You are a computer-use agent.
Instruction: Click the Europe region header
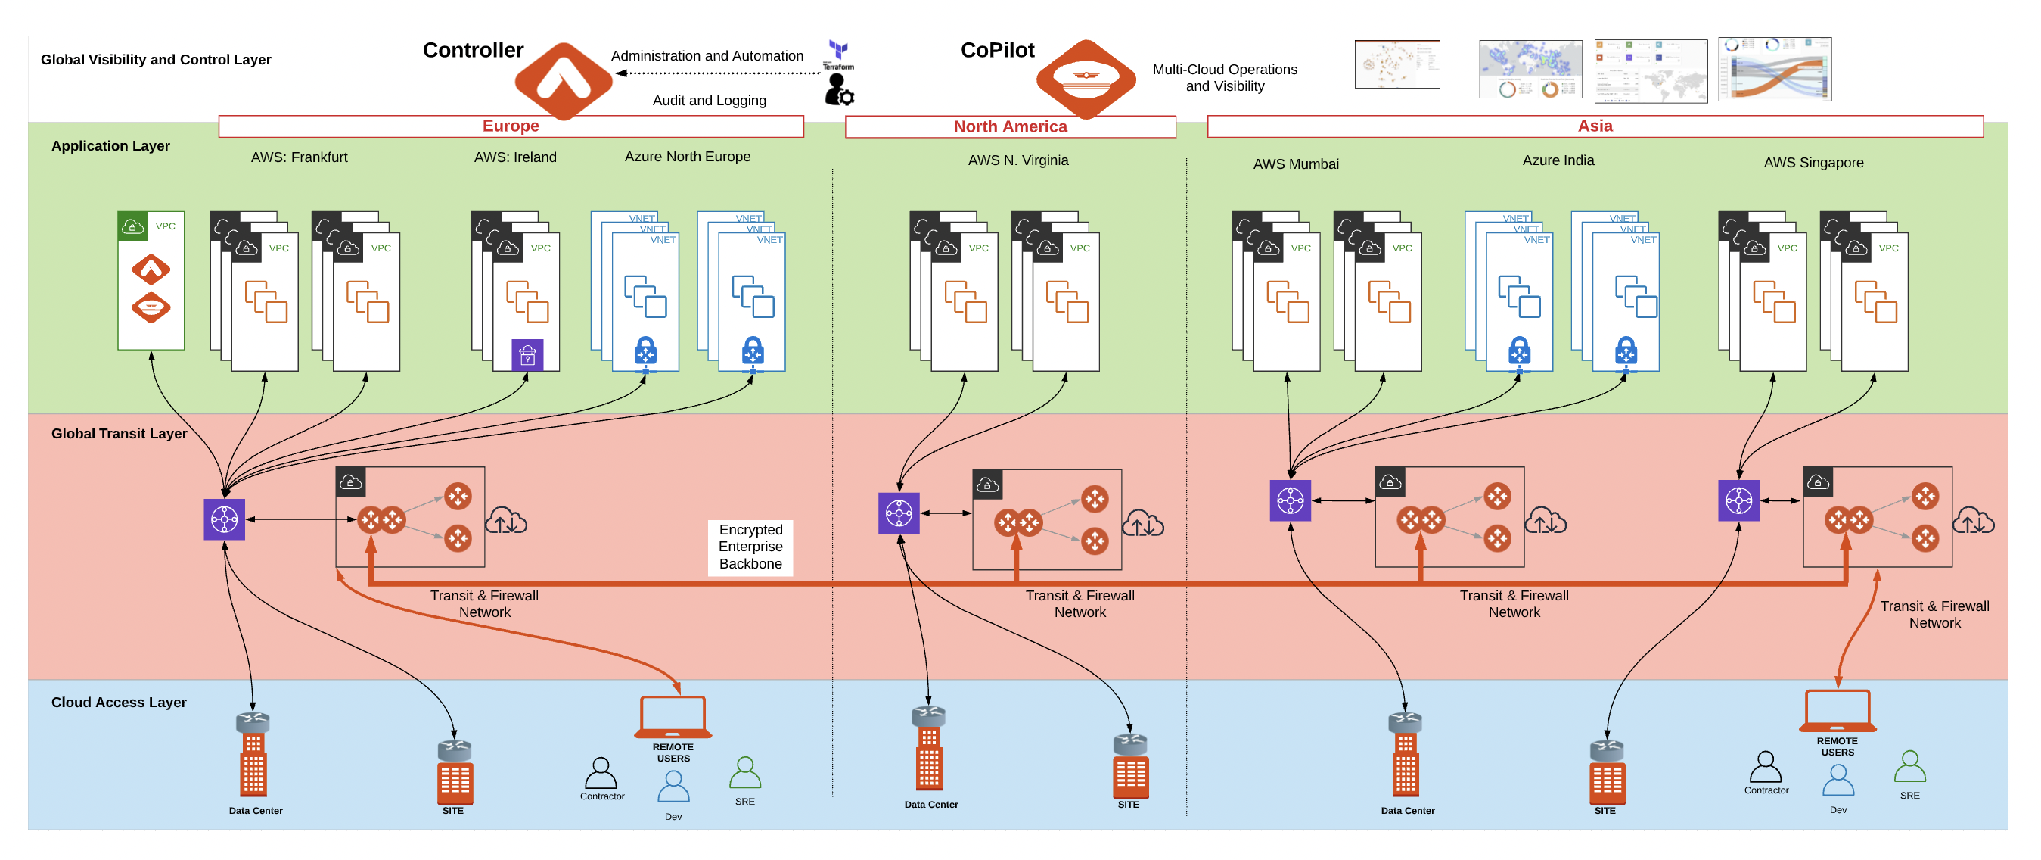pyautogui.click(x=511, y=126)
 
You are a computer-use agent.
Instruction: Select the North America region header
pyautogui.click(x=1010, y=127)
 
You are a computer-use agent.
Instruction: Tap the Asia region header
pyautogui.click(x=1595, y=126)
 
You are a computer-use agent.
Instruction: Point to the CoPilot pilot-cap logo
pyautogui.click(x=1086, y=79)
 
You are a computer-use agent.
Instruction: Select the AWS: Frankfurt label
pyautogui.click(x=299, y=157)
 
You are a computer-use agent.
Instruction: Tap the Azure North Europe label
pyautogui.click(x=687, y=156)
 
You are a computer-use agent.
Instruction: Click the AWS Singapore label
pyautogui.click(x=1813, y=163)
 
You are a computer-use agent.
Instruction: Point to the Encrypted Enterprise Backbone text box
pyautogui.click(x=750, y=547)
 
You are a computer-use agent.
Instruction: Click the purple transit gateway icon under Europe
pyautogui.click(x=224, y=519)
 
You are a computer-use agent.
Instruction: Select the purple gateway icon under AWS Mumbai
pyautogui.click(x=1290, y=500)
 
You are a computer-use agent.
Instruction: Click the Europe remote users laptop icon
pyautogui.click(x=673, y=716)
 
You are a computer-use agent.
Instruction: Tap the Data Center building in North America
pyautogui.click(x=929, y=749)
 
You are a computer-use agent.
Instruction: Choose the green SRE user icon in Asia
pyautogui.click(x=1909, y=768)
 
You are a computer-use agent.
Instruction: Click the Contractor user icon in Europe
pyautogui.click(x=601, y=774)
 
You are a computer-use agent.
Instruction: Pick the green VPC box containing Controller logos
pyautogui.click(x=151, y=281)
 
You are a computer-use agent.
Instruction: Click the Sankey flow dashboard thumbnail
pyautogui.click(x=1775, y=69)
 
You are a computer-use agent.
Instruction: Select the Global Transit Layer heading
pyautogui.click(x=119, y=434)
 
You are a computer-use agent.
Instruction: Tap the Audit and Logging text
pyautogui.click(x=709, y=101)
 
